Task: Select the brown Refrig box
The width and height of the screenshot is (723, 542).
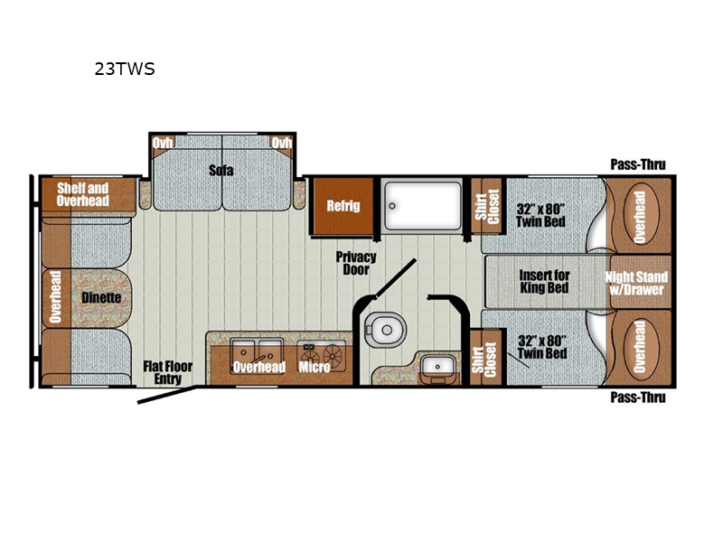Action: click(343, 206)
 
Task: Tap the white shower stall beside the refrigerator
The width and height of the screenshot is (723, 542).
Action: click(421, 207)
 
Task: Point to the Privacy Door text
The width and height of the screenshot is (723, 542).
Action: click(355, 263)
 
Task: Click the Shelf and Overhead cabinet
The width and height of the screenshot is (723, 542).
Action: click(83, 193)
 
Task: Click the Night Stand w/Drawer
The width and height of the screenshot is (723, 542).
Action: click(637, 283)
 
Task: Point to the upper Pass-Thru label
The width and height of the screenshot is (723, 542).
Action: click(638, 164)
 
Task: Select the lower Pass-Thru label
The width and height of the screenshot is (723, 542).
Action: click(638, 397)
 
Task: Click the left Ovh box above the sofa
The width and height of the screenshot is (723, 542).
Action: click(163, 143)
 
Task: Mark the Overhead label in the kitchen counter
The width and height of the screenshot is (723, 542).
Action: click(258, 367)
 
